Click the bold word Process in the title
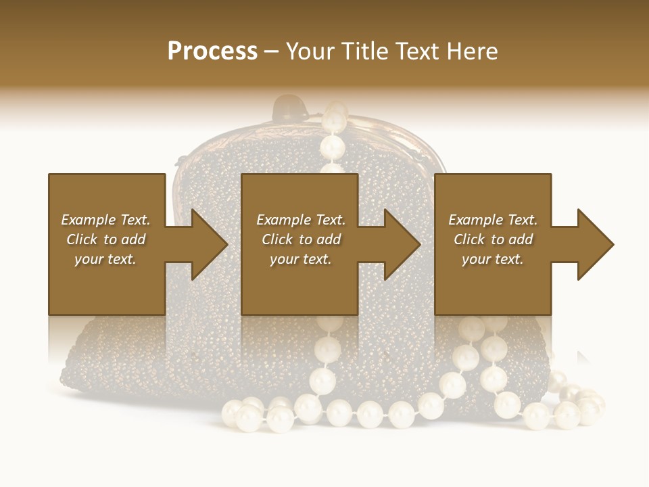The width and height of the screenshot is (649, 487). coord(212,51)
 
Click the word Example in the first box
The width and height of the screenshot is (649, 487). coord(87,220)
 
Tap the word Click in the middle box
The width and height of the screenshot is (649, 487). coord(277,239)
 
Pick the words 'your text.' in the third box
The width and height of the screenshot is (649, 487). coord(493,259)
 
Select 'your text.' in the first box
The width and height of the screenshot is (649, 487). coord(105,259)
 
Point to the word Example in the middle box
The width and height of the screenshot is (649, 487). coord(283,220)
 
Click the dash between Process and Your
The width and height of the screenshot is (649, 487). coord(272,51)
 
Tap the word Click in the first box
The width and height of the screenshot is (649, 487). coord(82,239)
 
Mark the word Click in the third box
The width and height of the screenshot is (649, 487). coord(469,239)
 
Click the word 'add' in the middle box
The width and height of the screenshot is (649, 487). coord(328,239)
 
